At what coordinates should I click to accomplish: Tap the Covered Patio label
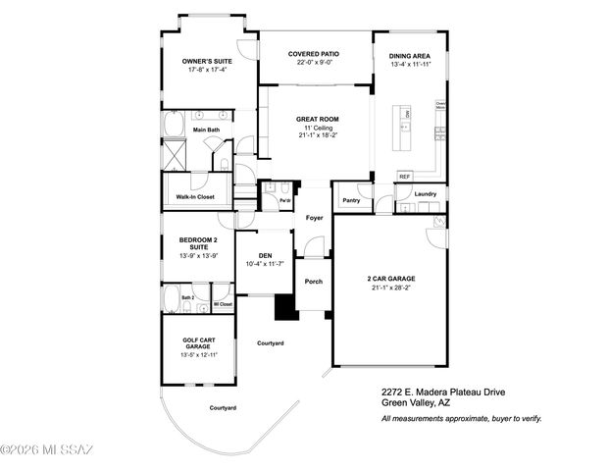(x=314, y=54)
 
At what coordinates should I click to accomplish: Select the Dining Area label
(x=410, y=56)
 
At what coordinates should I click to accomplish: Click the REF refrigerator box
(x=404, y=177)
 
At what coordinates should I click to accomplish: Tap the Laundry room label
(x=425, y=194)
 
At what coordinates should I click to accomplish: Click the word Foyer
(x=314, y=218)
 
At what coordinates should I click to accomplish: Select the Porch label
(x=314, y=282)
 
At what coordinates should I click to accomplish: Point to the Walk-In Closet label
(x=195, y=196)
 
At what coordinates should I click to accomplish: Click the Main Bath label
(x=206, y=130)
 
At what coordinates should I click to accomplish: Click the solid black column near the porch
(x=284, y=308)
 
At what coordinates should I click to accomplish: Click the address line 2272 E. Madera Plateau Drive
(x=444, y=389)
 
